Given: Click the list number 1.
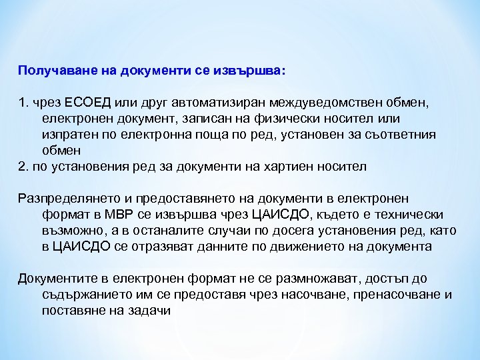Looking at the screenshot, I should [22, 103].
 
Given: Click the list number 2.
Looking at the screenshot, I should [22, 166].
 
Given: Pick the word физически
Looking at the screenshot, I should [284, 118].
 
